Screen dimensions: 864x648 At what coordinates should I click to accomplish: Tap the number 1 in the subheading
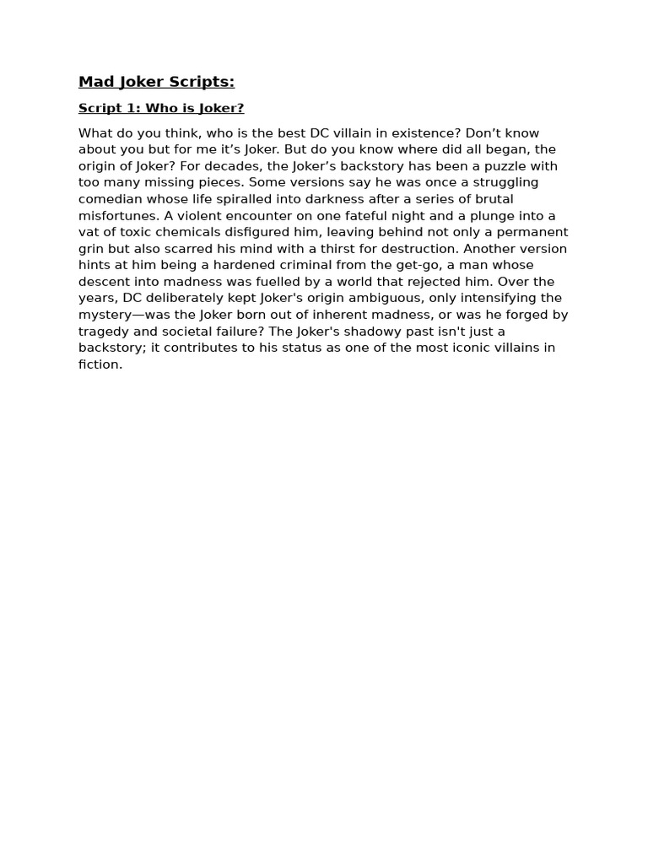132,108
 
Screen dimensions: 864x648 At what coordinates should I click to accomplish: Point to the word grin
92,249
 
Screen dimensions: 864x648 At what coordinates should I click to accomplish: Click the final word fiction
100,364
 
